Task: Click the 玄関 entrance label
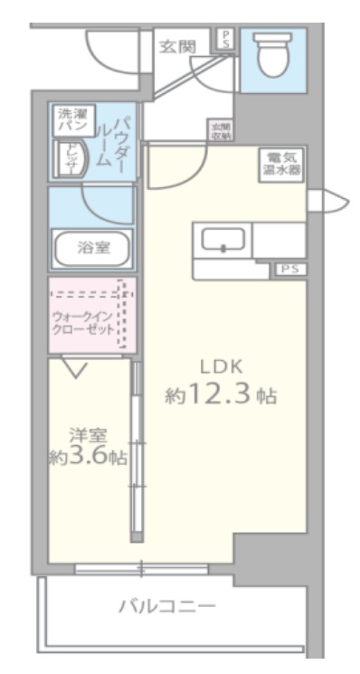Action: pyautogui.click(x=176, y=46)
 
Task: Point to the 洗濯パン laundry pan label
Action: pyautogui.click(x=69, y=122)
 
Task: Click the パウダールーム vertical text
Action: pyautogui.click(x=114, y=141)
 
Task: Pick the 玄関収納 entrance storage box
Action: pyautogui.click(x=220, y=130)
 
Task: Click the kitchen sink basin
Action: pyautogui.click(x=222, y=241)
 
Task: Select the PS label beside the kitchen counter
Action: pyautogui.click(x=289, y=269)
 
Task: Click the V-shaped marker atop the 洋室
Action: pyautogui.click(x=75, y=368)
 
